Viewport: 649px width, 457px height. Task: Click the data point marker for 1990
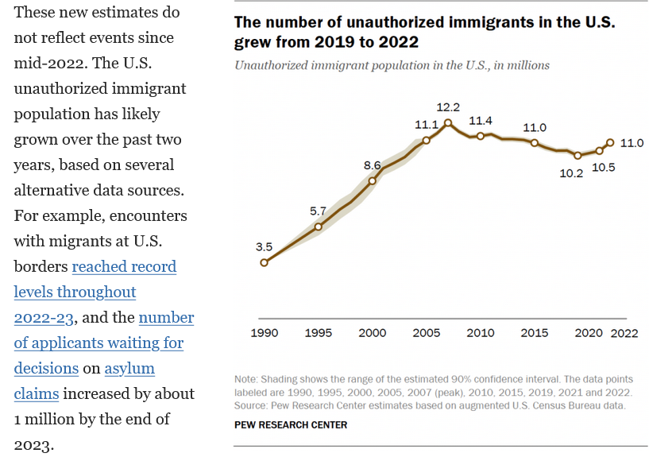264,262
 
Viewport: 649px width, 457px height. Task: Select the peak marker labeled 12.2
448,122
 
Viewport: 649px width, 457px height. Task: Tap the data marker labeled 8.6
372,180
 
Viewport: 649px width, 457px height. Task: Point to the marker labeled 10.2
578,156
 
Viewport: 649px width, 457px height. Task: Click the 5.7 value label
318,211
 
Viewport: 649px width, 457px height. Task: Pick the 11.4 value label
481,121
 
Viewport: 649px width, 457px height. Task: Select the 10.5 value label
604,168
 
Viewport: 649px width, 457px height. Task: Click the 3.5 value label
264,247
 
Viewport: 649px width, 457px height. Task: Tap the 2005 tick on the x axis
427,333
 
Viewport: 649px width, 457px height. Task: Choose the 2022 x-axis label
624,333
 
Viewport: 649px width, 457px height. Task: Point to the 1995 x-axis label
319,333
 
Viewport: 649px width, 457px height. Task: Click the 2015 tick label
535,333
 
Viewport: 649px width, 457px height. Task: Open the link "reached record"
124,266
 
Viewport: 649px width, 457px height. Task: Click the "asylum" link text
129,368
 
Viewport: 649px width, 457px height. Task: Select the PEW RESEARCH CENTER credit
291,425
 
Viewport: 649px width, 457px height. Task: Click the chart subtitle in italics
392,65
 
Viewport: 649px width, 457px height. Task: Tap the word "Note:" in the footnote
246,379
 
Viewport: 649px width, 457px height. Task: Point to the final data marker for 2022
610,142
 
